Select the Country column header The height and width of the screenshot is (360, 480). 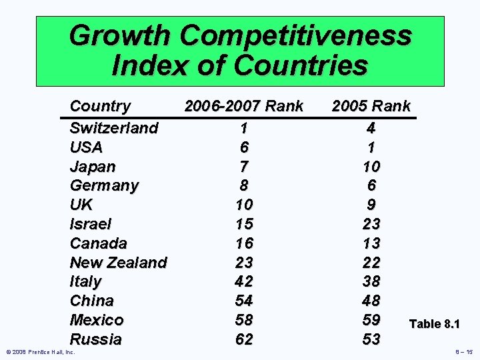[101, 106]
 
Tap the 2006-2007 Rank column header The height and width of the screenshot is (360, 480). [244, 106]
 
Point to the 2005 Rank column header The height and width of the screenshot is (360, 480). [371, 106]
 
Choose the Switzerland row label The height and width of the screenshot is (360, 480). [114, 127]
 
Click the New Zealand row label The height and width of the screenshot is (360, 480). [118, 263]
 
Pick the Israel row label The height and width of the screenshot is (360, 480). [91, 224]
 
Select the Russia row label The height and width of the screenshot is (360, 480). [96, 339]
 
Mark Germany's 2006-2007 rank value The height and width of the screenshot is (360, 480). [244, 185]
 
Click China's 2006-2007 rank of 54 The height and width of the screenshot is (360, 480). [244, 301]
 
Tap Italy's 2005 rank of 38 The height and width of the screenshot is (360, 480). [371, 281]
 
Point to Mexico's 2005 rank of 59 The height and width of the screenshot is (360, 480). [371, 319]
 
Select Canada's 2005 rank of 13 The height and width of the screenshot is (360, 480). [371, 243]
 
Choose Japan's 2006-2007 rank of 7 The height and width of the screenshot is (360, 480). [244, 166]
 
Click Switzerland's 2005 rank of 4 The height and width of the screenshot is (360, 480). [371, 127]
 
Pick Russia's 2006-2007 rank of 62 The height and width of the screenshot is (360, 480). [244, 339]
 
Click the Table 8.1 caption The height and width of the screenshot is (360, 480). [434, 324]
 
